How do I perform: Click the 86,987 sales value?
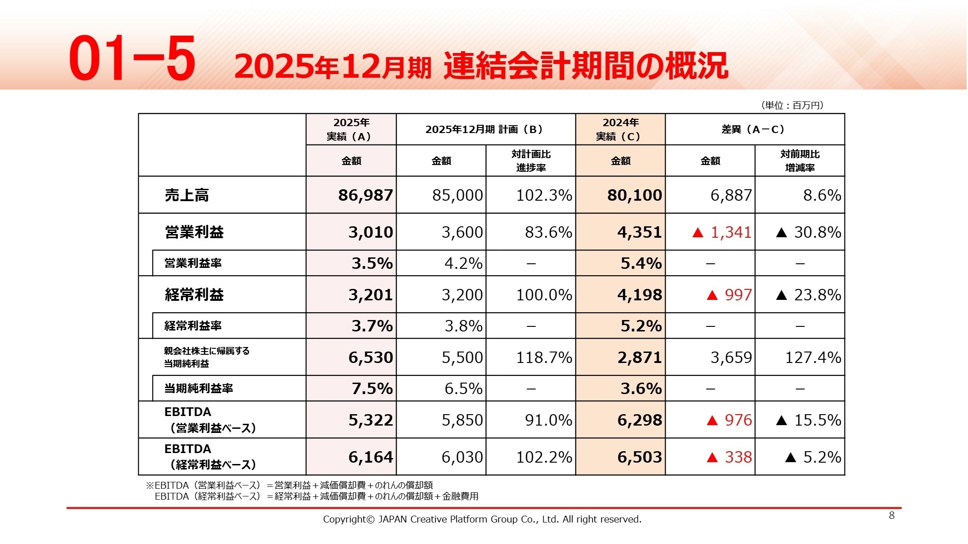(365, 195)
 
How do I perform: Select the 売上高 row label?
(187, 195)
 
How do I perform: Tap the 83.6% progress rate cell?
(548, 232)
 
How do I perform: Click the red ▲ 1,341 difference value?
(722, 232)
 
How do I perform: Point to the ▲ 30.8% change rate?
(808, 232)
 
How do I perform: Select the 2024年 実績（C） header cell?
(620, 129)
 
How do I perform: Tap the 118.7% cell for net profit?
(543, 357)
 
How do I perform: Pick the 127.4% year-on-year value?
(812, 357)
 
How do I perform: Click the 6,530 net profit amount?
(371, 357)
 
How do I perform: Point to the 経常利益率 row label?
(193, 326)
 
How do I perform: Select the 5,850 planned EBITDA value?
(462, 420)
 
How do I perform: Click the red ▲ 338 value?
(729, 457)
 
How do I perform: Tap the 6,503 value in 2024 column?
(639, 457)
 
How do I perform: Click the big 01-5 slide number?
(133, 59)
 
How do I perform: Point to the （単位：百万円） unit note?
(792, 106)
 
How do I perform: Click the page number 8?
(891, 516)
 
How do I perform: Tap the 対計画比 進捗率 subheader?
(531, 161)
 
